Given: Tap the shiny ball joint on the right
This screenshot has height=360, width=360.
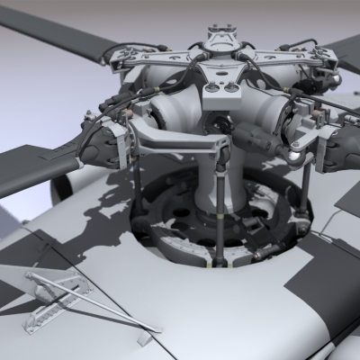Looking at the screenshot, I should tap(294, 155).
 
